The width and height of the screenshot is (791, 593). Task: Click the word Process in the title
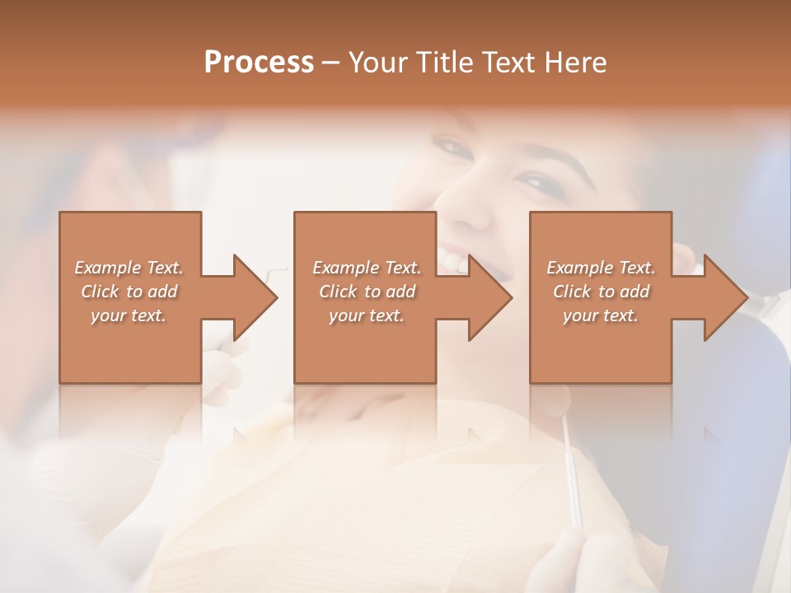coord(259,63)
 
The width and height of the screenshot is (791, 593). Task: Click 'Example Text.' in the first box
coord(129,268)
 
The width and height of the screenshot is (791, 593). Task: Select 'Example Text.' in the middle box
coord(367,268)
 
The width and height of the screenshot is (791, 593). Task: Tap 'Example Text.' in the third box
coord(601,268)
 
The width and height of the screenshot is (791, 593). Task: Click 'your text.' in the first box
coord(129,315)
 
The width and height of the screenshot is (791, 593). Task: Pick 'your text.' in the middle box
coord(367,315)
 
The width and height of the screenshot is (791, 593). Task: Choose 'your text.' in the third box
coord(601,315)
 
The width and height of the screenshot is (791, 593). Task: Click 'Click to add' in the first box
coord(129,292)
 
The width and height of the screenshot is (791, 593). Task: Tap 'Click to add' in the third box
coord(601,292)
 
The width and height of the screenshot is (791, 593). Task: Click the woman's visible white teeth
coord(453,261)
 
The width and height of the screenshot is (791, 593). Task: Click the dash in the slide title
coord(330,63)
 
